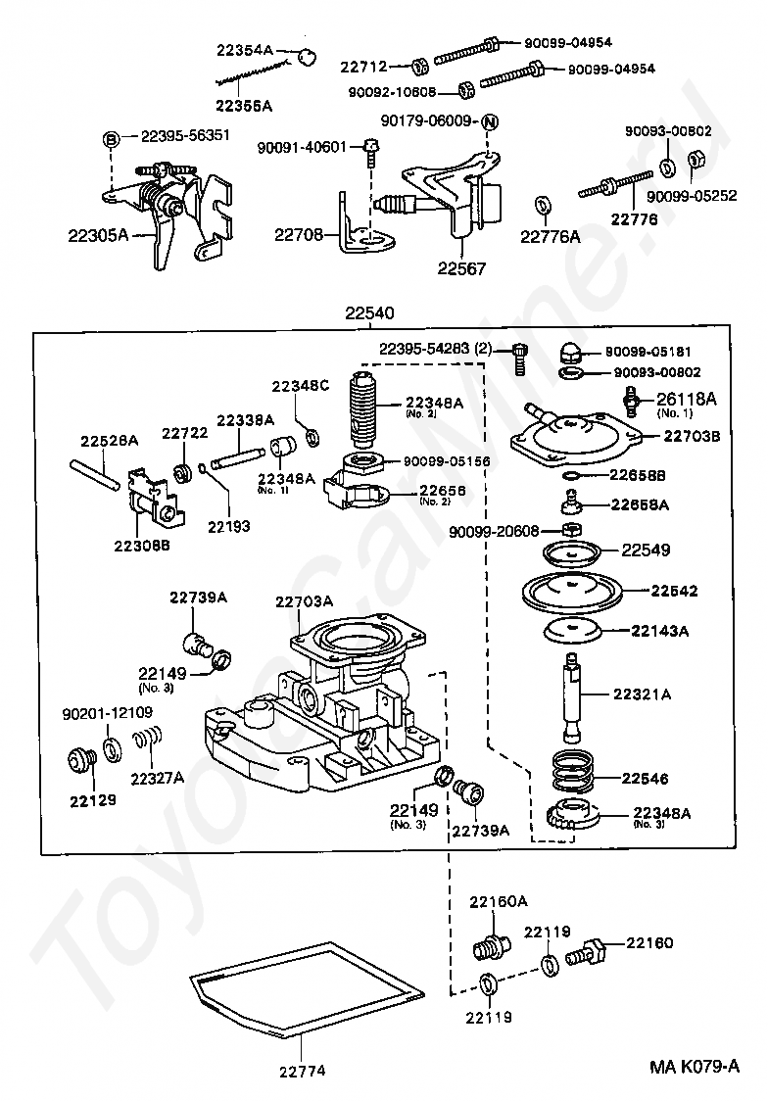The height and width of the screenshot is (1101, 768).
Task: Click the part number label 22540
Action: pos(369,312)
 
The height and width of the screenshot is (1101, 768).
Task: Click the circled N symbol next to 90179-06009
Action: pos(490,122)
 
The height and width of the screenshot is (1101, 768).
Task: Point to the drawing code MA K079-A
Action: pos(694,1067)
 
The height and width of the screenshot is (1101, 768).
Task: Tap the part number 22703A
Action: pos(304,601)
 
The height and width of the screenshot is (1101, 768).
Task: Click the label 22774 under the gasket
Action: pos(303,1072)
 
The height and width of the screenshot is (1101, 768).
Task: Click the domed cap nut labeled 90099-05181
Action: pos(571,352)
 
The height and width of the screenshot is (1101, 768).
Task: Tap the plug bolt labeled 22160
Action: pos(585,951)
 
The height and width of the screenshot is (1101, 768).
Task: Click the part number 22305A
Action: pos(98,235)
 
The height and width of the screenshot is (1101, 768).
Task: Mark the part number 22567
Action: pos(461,268)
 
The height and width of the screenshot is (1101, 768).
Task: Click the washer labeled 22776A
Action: pos(543,206)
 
